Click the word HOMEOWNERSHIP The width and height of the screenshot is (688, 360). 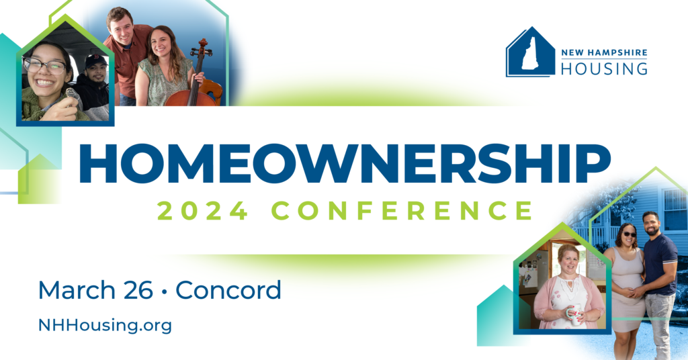[344, 163]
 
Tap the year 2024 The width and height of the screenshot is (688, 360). [203, 210]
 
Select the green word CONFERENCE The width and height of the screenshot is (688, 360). [403, 210]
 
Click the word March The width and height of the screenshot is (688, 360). [77, 290]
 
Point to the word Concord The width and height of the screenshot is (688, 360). [228, 290]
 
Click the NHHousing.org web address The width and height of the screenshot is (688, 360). [105, 326]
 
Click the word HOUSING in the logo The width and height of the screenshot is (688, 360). [604, 69]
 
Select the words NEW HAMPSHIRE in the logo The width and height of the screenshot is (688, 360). [604, 52]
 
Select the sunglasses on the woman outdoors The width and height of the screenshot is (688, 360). [629, 234]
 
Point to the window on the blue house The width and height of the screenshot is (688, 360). [675, 209]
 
